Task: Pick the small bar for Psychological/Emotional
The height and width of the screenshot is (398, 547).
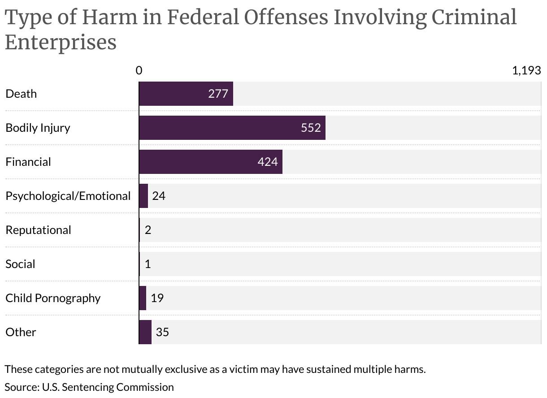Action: tap(143, 196)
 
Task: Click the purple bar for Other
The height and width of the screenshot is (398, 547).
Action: tap(145, 332)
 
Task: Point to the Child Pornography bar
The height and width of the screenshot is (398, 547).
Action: tap(143, 298)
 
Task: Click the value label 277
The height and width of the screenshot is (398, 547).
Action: tap(218, 94)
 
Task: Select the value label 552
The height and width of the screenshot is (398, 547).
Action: tap(311, 128)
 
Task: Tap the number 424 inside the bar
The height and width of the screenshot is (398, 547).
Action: tap(268, 162)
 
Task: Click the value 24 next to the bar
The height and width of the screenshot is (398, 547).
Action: tap(159, 196)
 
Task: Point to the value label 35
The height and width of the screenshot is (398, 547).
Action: tap(162, 332)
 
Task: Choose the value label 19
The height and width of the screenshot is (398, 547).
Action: tap(157, 298)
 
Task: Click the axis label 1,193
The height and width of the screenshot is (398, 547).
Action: tap(526, 70)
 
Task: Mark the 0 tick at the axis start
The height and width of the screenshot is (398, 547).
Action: tap(139, 70)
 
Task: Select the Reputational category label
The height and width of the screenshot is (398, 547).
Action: tap(38, 230)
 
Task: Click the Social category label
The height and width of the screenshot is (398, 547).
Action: tap(20, 264)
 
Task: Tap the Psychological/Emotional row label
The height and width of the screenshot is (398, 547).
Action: tap(68, 196)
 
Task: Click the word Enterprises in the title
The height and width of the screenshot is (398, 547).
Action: tap(61, 42)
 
